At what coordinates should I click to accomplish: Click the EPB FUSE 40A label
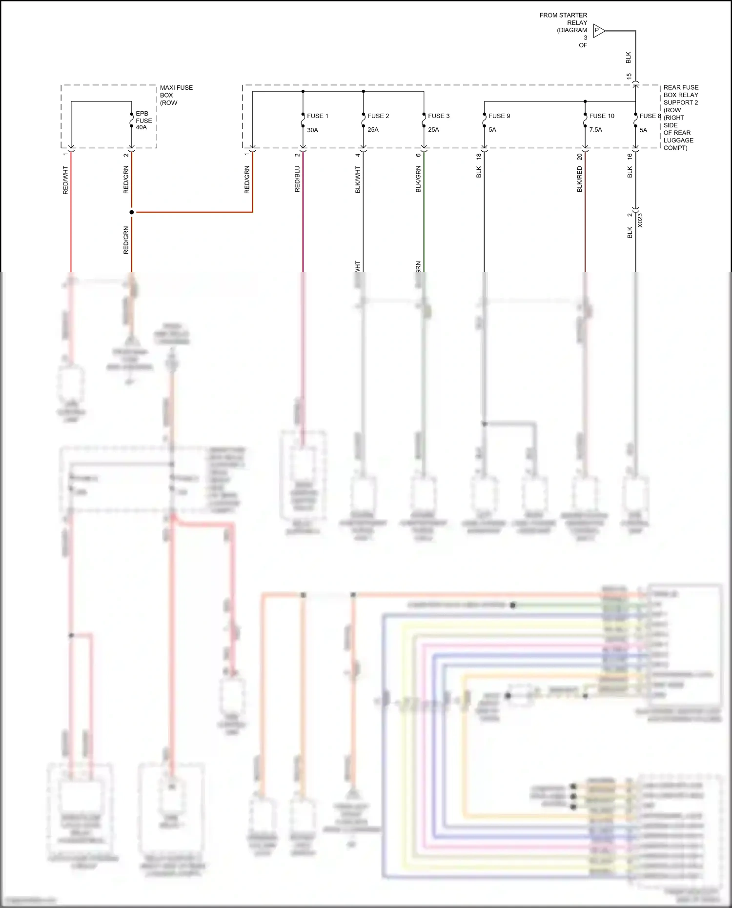pyautogui.click(x=143, y=121)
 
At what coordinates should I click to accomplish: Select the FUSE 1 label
pyautogui.click(x=317, y=116)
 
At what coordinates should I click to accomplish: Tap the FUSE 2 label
pyautogui.click(x=378, y=116)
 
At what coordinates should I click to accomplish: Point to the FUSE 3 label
pyautogui.click(x=439, y=116)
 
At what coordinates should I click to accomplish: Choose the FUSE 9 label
pyautogui.click(x=499, y=116)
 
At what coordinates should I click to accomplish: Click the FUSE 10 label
pyautogui.click(x=602, y=116)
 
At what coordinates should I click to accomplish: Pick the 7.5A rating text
pyautogui.click(x=595, y=130)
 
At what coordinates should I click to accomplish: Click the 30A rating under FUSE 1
pyautogui.click(x=312, y=130)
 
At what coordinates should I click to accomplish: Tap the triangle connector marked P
pyautogui.click(x=598, y=31)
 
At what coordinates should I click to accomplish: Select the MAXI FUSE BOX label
pyautogui.click(x=176, y=95)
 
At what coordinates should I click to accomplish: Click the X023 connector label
pyautogui.click(x=640, y=221)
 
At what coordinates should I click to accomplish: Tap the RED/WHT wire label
pyautogui.click(x=65, y=180)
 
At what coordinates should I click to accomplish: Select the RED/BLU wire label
pyautogui.click(x=297, y=179)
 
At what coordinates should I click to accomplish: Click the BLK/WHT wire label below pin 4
pyautogui.click(x=358, y=180)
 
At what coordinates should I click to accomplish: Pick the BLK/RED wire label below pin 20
pyautogui.click(x=580, y=179)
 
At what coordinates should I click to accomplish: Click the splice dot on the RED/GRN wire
pyautogui.click(x=131, y=212)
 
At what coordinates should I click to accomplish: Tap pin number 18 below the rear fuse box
pyautogui.click(x=479, y=156)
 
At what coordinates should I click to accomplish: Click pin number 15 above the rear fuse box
pyautogui.click(x=629, y=77)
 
